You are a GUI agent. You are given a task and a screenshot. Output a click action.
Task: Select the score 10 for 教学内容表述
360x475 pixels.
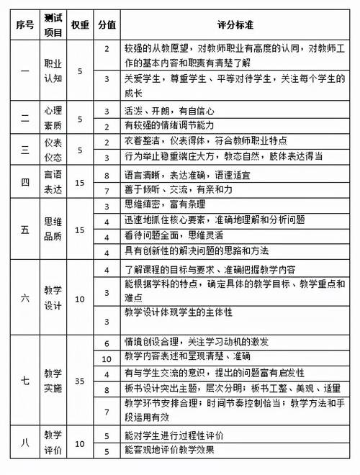tap(107, 358)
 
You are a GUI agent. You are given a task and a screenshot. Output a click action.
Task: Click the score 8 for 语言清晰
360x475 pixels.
tap(107, 175)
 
